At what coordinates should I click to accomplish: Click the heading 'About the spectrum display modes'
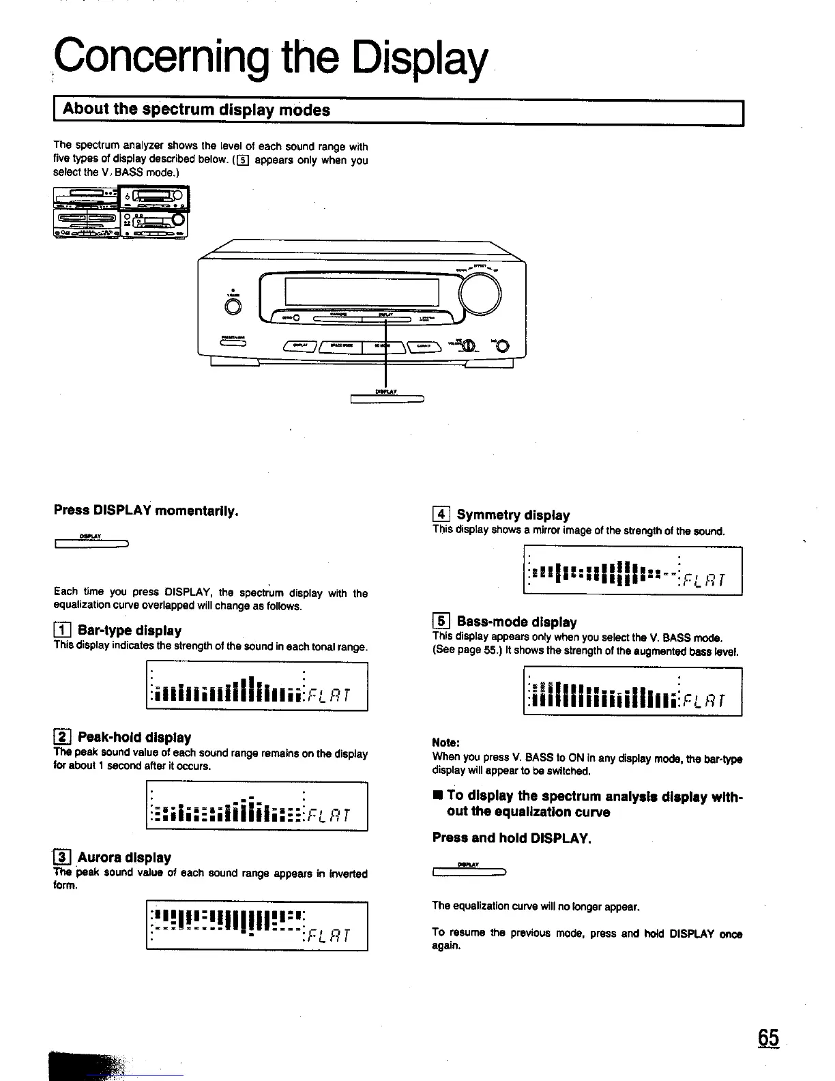[x=196, y=110]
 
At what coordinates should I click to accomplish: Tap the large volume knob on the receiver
[x=480, y=294]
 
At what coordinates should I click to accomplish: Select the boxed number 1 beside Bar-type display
[x=61, y=630]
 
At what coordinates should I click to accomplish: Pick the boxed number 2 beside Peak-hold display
[x=61, y=737]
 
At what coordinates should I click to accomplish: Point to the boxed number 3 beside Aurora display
[x=61, y=857]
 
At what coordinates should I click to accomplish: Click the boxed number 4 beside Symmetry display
[x=441, y=515]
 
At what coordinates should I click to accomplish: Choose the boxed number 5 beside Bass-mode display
[x=441, y=621]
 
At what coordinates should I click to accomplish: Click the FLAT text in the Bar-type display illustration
[x=329, y=695]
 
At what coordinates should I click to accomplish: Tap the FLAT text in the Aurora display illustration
[x=329, y=935]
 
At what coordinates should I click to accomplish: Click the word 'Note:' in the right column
[x=446, y=743]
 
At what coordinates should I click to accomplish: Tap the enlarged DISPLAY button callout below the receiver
[x=387, y=399]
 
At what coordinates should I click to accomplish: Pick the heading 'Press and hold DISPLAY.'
[x=512, y=837]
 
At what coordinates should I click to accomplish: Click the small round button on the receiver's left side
[x=233, y=307]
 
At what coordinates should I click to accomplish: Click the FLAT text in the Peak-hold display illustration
[x=329, y=815]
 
